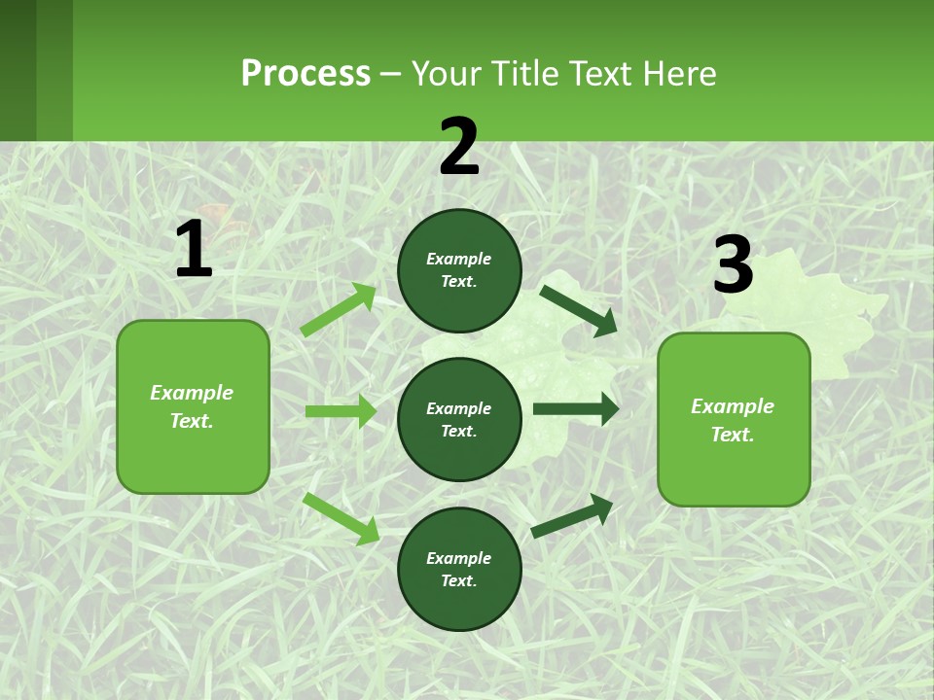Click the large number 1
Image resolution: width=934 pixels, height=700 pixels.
[x=194, y=250]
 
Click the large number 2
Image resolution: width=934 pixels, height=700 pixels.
[x=459, y=148]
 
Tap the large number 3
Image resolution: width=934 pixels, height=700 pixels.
[x=733, y=265]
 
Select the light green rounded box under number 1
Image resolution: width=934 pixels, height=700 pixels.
[x=193, y=406]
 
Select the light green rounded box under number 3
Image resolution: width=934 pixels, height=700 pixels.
[x=734, y=419]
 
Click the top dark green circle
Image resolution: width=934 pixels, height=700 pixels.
[x=459, y=270]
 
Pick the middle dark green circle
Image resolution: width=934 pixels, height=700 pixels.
[x=459, y=419]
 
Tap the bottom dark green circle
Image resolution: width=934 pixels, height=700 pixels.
[x=459, y=569]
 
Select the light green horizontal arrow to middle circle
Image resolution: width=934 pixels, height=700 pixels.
[x=341, y=411]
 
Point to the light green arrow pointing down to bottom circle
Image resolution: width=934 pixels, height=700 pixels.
[x=341, y=518]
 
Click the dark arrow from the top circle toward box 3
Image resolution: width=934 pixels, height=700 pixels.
[x=578, y=310]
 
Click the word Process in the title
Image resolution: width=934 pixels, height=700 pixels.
[x=305, y=73]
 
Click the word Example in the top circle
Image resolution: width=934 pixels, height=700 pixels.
[x=459, y=259]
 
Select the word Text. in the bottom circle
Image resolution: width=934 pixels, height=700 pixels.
[x=459, y=580]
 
